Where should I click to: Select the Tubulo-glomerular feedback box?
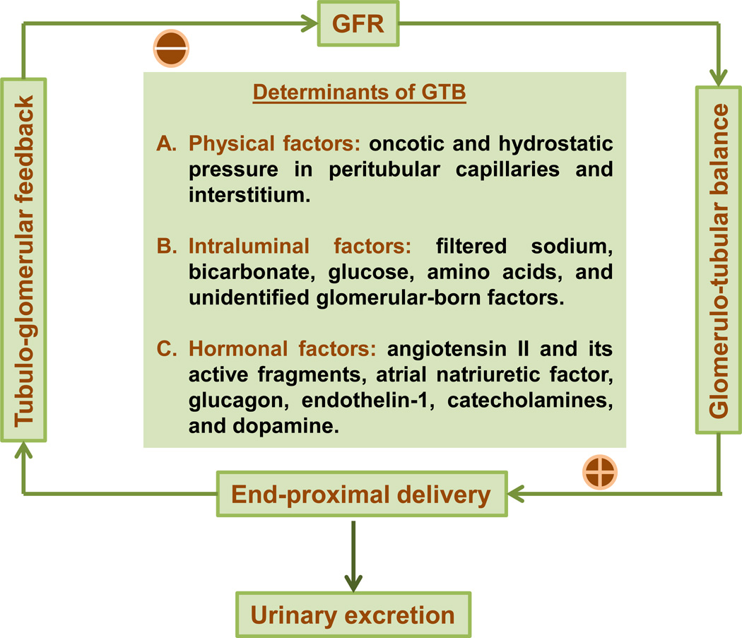(23, 259)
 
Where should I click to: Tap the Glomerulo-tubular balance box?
(718, 259)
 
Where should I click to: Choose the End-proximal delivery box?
(362, 493)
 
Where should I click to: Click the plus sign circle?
(600, 471)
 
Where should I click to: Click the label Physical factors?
(275, 143)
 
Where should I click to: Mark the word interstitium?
(249, 194)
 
